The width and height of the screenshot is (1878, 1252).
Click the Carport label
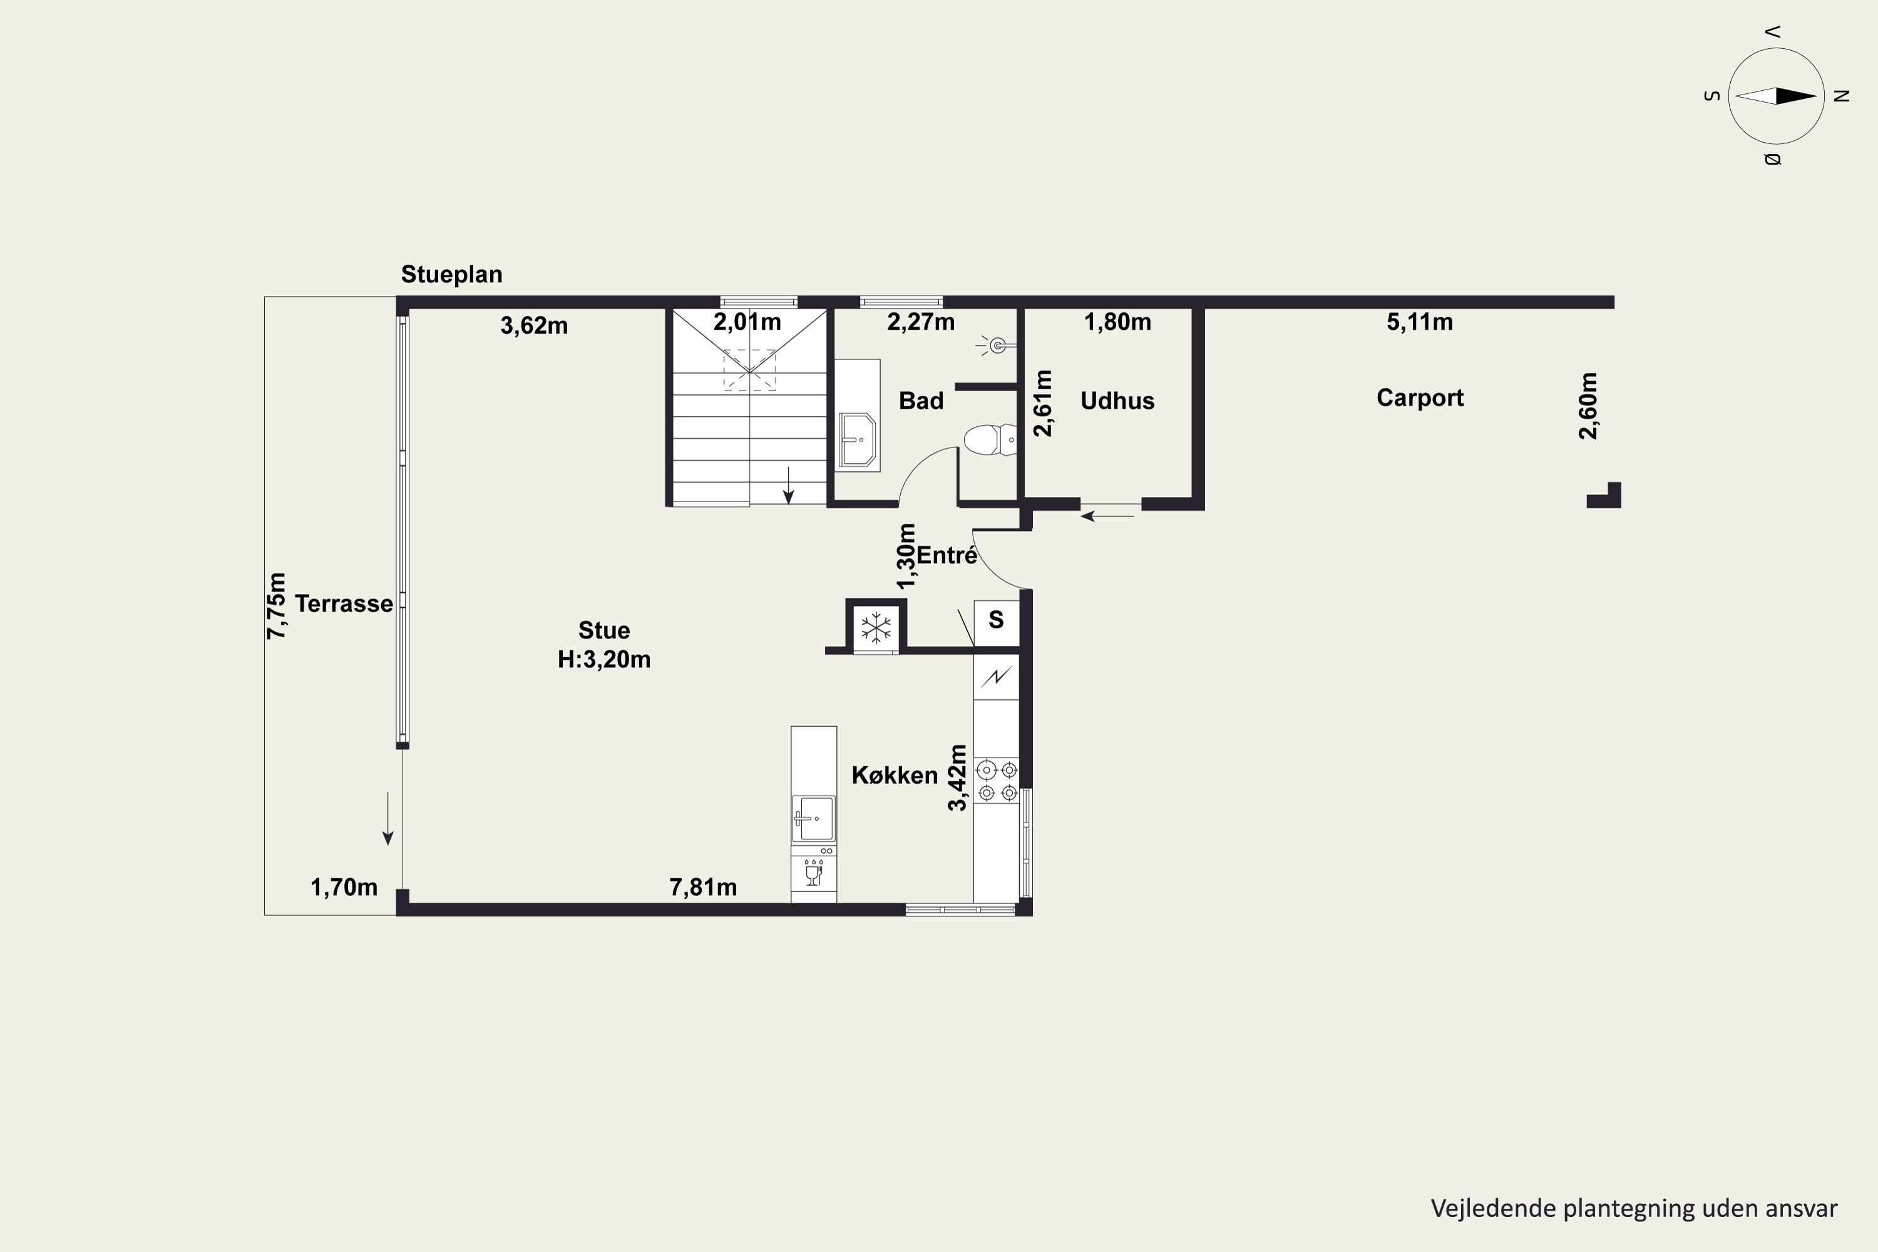click(1420, 398)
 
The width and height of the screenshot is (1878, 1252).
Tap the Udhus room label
click(1117, 400)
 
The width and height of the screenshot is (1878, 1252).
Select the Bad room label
click(921, 400)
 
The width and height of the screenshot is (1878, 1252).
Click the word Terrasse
click(343, 603)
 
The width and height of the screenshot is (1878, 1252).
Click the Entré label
click(947, 555)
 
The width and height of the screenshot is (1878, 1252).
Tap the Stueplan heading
click(451, 275)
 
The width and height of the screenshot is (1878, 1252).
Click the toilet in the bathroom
click(990, 440)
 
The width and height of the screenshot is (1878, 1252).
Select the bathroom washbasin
click(857, 439)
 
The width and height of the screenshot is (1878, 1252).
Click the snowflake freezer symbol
click(876, 628)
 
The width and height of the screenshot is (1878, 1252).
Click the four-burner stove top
click(997, 781)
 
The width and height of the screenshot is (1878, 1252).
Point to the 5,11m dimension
click(1419, 322)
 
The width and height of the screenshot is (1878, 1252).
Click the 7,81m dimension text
click(702, 887)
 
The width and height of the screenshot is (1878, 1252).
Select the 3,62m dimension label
click(534, 326)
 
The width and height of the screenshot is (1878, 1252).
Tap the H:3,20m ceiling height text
click(603, 660)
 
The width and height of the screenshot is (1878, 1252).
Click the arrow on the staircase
click(788, 486)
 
